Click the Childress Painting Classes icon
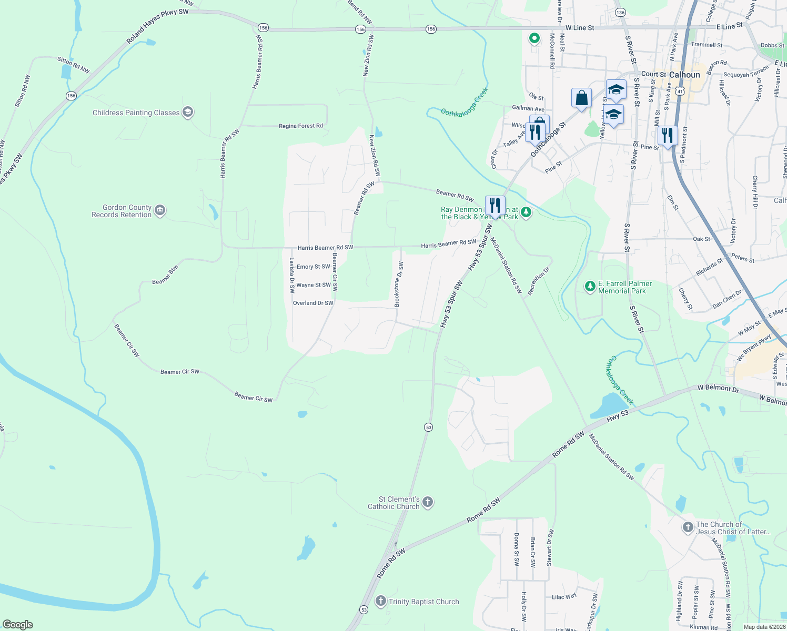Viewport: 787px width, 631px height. tap(188, 112)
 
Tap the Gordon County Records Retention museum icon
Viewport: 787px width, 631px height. tap(160, 211)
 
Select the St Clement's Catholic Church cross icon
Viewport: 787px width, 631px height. tap(428, 502)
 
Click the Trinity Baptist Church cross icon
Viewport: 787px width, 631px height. tap(381, 601)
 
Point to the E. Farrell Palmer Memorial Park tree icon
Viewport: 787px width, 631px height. tap(590, 287)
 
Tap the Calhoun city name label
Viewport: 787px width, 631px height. tap(684, 75)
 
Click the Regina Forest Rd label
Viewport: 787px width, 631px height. tap(301, 126)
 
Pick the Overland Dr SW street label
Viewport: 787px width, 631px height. tap(313, 303)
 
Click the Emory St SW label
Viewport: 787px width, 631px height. tap(314, 267)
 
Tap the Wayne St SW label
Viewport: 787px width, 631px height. tap(314, 285)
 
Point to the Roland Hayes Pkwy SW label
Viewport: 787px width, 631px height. tap(157, 26)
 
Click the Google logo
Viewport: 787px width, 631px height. tap(17, 625)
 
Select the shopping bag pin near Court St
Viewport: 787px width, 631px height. tap(581, 98)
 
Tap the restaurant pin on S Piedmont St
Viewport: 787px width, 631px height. tap(667, 136)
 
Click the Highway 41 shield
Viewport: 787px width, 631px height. tap(680, 91)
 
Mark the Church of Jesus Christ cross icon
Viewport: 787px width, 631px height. tap(688, 527)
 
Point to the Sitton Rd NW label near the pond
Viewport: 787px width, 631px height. tap(74, 65)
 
